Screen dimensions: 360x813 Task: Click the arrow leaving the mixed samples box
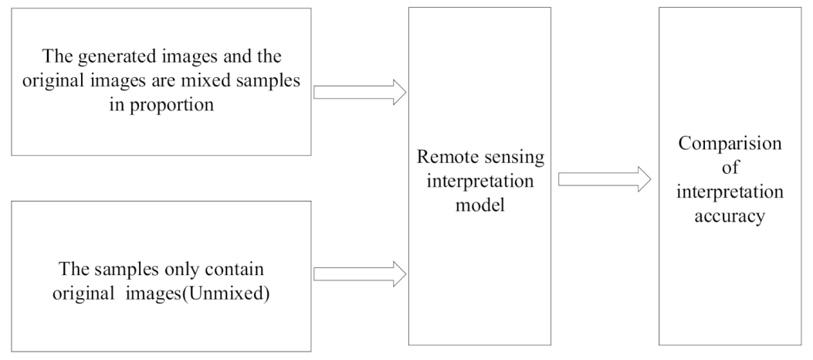359,92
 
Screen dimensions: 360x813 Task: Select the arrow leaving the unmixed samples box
359,273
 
